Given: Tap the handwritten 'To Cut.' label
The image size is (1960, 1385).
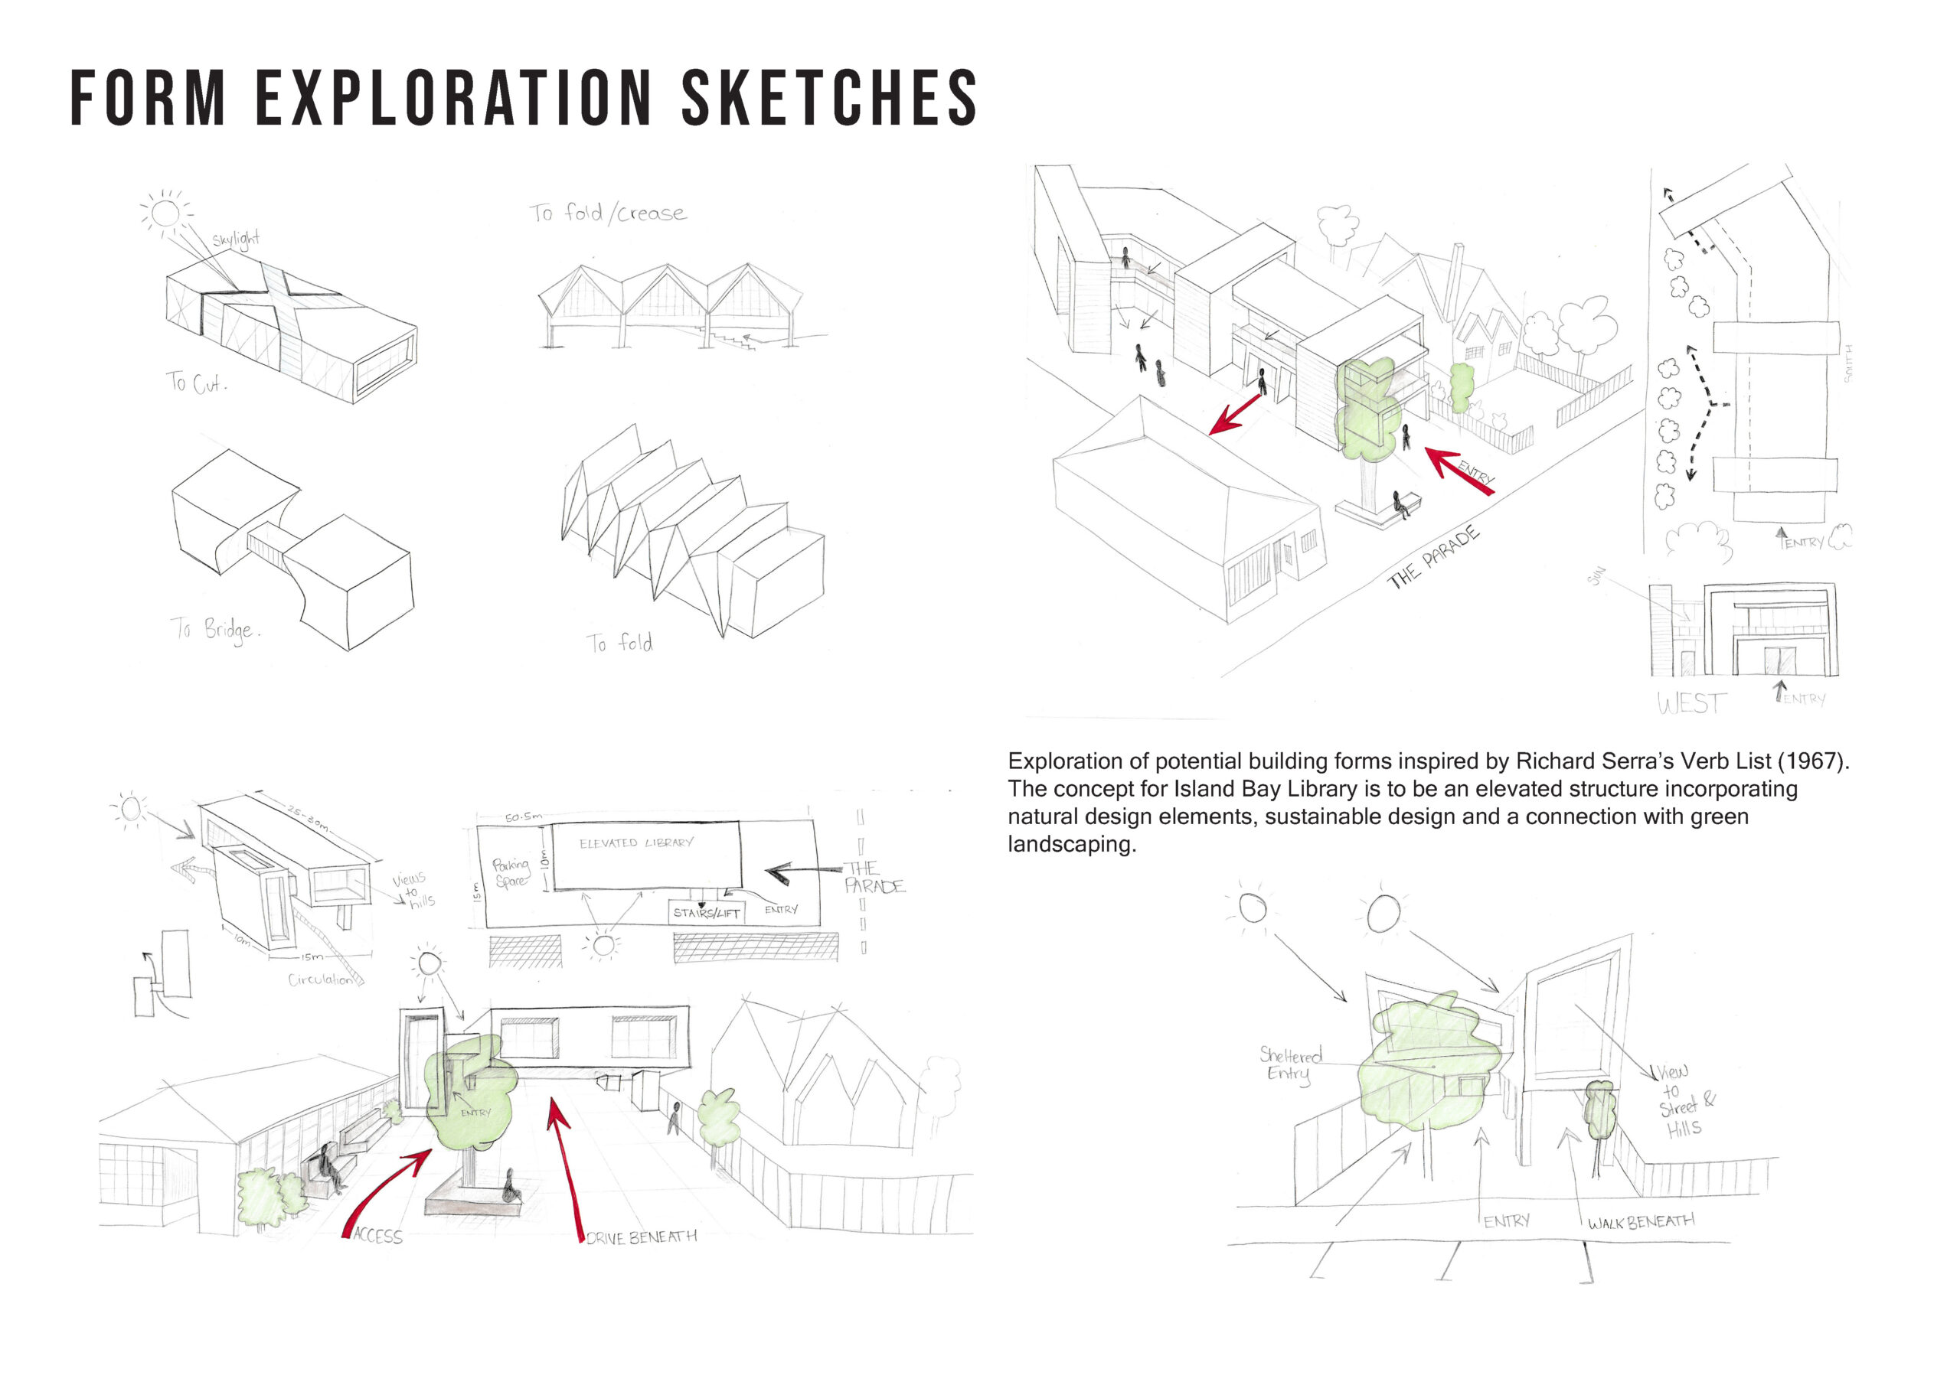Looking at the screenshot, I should [x=196, y=383].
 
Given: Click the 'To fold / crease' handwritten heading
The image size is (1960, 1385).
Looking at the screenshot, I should [x=607, y=213].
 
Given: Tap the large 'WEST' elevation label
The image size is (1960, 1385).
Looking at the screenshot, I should [x=1691, y=703].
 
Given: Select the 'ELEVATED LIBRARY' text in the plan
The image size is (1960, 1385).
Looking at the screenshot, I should [x=636, y=843].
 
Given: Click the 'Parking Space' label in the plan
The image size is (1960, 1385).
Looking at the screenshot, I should [x=511, y=872].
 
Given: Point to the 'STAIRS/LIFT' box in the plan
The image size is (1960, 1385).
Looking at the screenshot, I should [x=706, y=912].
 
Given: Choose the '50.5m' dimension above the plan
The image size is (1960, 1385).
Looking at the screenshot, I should [x=522, y=816].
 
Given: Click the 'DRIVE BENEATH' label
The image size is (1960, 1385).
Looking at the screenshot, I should [x=641, y=1237].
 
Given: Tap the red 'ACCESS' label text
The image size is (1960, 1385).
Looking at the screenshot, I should [x=377, y=1236].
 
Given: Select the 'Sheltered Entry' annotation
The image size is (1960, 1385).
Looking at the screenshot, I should [x=1290, y=1064].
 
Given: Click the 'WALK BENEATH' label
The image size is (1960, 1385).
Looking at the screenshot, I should [x=1641, y=1222].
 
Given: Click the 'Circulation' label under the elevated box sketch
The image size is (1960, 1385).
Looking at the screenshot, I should [x=320, y=979].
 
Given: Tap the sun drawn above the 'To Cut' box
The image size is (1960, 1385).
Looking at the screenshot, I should [x=165, y=213].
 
